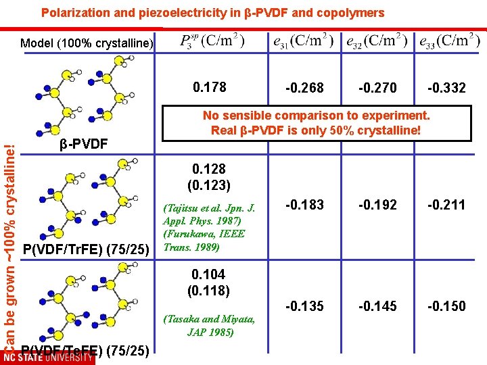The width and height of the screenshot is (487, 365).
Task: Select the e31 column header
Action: [x=304, y=41]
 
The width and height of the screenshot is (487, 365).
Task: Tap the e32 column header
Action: [x=376, y=41]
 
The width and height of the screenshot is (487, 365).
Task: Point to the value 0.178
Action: [x=210, y=87]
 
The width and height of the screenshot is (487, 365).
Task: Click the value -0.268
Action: [x=304, y=88]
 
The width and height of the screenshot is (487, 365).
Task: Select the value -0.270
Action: [x=377, y=88]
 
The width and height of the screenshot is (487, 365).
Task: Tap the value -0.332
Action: [x=446, y=88]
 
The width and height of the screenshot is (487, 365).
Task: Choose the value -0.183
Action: [x=304, y=205]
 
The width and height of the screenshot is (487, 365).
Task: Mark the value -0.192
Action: [x=377, y=205]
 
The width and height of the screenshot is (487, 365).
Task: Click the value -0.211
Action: [x=446, y=205]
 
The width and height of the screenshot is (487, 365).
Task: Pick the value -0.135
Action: [x=304, y=306]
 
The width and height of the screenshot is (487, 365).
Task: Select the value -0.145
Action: [x=377, y=306]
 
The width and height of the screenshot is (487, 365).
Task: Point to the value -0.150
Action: [x=446, y=306]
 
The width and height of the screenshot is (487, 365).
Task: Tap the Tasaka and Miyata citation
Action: [x=209, y=325]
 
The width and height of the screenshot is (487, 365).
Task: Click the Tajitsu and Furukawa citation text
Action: [x=210, y=227]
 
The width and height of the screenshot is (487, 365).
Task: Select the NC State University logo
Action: [x=48, y=357]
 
